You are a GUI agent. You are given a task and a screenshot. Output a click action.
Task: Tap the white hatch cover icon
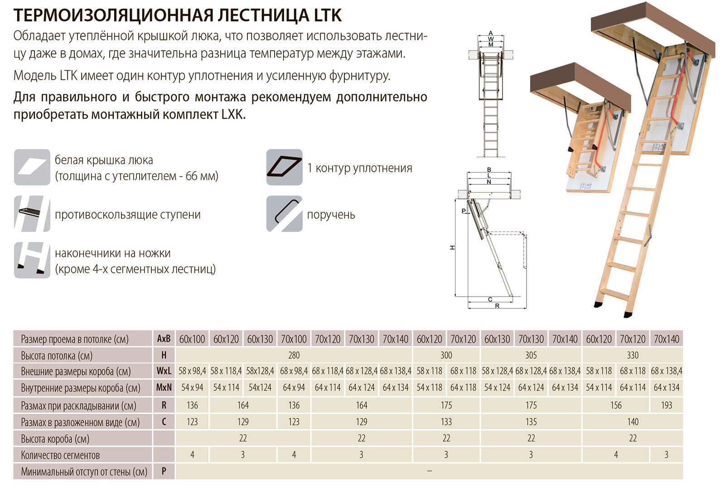coord(32,167)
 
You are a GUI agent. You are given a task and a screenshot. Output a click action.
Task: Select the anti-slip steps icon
coord(32,213)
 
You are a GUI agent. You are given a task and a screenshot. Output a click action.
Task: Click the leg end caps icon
coord(32,260)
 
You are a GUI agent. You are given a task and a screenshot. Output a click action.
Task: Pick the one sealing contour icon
coord(284,167)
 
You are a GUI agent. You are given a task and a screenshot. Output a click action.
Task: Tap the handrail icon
coord(284,213)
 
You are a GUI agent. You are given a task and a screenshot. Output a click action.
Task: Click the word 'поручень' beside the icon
coord(331,214)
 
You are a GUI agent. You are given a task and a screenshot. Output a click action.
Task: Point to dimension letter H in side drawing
coord(452,247)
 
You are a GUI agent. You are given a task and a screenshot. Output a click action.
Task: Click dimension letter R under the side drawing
coord(497,306)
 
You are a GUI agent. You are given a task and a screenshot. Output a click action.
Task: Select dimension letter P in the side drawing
coord(464,211)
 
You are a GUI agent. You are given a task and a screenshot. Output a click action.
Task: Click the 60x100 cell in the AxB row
coord(192,339)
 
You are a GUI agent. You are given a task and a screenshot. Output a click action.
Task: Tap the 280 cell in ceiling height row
coord(294,355)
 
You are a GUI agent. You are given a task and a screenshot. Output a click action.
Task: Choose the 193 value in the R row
coord(666,405)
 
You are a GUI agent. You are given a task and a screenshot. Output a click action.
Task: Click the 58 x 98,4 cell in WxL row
coord(192,371)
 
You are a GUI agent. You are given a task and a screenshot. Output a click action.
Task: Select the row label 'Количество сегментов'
coord(60,455)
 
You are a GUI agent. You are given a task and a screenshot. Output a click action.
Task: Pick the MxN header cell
coord(164,388)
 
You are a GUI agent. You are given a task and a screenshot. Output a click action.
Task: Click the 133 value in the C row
coord(446,422)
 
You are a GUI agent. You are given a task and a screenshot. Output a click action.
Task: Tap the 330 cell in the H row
coord(633,355)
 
